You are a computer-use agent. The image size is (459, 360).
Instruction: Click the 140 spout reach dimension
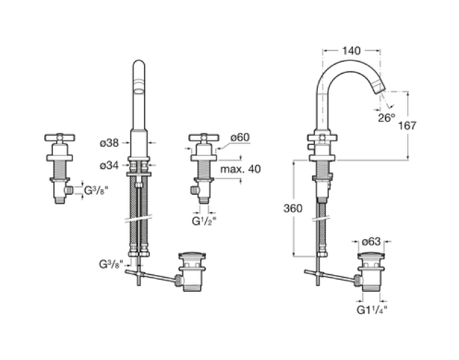(351, 51)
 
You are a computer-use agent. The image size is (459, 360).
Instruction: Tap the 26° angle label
(386, 118)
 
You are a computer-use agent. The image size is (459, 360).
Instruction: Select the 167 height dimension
(407, 126)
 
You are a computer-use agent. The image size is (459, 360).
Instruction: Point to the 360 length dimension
(293, 208)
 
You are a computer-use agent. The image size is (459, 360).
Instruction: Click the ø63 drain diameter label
(371, 241)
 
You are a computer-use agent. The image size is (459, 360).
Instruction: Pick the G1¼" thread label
(372, 310)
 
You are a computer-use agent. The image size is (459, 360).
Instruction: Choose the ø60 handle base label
(240, 137)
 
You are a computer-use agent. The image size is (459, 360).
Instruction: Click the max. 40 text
(240, 169)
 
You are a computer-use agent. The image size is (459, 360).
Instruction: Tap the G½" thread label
(204, 221)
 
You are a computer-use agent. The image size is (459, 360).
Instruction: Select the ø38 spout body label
(109, 143)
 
